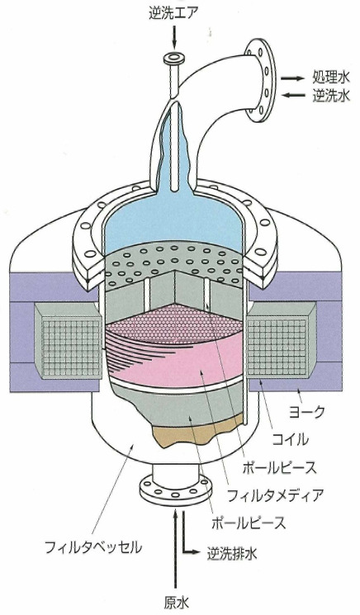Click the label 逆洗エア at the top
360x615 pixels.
click(x=173, y=14)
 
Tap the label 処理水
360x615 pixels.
click(x=330, y=78)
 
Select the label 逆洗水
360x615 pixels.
click(x=330, y=95)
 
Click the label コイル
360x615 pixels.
click(x=290, y=439)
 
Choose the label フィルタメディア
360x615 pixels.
click(x=275, y=495)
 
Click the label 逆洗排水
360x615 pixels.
click(x=232, y=553)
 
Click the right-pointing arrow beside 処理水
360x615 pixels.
click(x=292, y=78)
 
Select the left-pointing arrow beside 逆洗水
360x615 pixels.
click(x=292, y=95)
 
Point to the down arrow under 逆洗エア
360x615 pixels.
click(x=174, y=36)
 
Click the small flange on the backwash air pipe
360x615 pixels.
click(x=174, y=59)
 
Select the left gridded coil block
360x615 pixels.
click(x=68, y=341)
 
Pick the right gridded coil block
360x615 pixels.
click(x=282, y=341)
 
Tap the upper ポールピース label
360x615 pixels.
click(x=279, y=467)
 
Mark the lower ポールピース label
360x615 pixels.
click(x=249, y=523)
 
